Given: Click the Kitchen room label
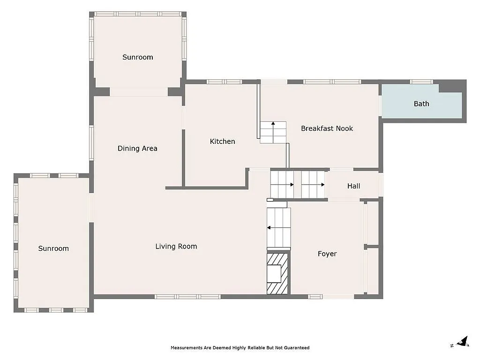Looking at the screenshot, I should click(x=222, y=141).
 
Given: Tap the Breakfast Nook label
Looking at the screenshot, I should click(x=327, y=128).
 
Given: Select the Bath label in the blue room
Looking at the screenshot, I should click(x=421, y=104).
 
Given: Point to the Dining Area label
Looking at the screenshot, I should click(x=137, y=148).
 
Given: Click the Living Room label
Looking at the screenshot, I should click(x=176, y=246).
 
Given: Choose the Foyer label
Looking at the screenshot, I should click(x=327, y=254).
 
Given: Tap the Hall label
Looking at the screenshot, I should click(x=353, y=186).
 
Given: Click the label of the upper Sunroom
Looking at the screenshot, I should click(x=137, y=57).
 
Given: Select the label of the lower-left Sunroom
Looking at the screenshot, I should click(x=53, y=248).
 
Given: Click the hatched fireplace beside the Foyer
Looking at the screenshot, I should click(x=277, y=274).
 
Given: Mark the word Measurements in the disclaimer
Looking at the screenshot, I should click(x=184, y=348).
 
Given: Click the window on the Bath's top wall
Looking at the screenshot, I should click(x=421, y=82).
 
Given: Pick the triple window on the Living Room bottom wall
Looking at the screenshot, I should click(x=187, y=296).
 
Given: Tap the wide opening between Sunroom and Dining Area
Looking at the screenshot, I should click(x=139, y=92).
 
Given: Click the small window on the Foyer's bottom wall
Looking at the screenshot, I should click(x=315, y=296).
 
